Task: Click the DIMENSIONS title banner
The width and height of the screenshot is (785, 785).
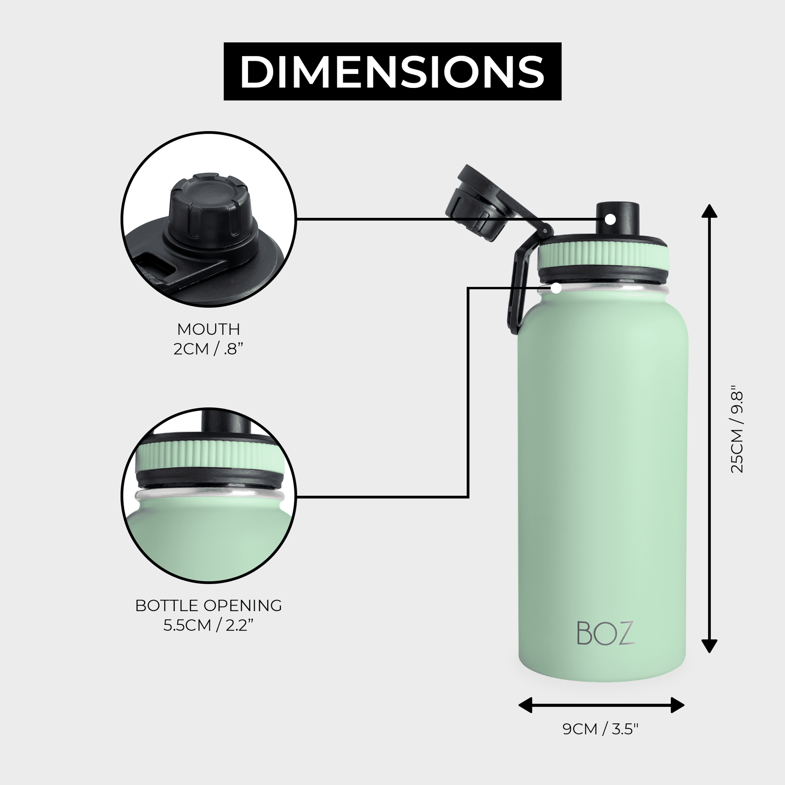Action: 392,71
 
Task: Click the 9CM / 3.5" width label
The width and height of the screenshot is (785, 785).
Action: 601,741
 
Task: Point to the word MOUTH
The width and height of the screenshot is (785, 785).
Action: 209,329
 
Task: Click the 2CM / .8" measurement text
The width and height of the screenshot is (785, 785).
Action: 209,349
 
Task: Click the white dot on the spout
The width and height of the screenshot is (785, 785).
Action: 610,219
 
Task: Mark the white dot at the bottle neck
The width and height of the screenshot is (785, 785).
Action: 556,288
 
